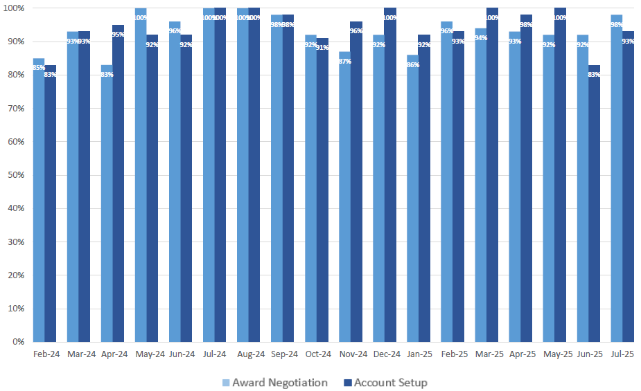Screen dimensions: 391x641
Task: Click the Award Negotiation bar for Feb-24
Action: [38, 201]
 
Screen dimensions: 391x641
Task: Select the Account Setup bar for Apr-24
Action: [118, 183]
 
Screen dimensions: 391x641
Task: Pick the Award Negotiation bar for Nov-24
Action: [344, 197]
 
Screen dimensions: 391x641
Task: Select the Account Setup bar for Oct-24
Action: [322, 190]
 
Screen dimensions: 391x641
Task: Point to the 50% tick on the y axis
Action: [15, 175]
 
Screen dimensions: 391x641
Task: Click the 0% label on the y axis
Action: [18, 342]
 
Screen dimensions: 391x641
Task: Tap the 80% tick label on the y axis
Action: [15, 75]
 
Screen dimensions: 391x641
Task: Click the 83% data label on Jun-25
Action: [594, 74]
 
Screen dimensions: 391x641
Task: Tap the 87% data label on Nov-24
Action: [344, 61]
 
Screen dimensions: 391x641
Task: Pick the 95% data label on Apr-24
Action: [118, 35]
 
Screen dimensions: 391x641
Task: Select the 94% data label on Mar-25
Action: [480, 38]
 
